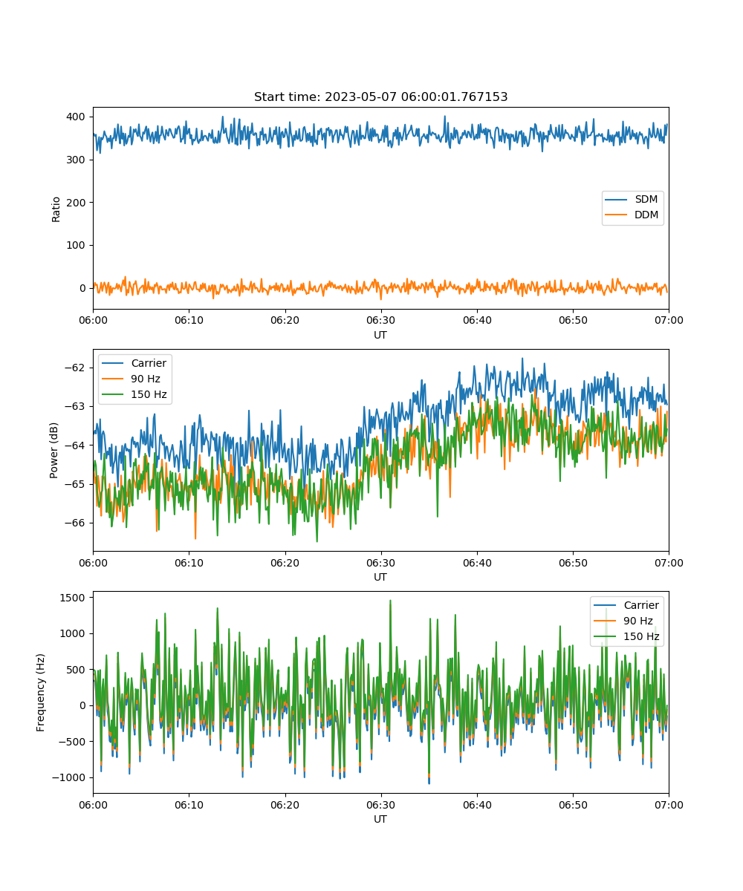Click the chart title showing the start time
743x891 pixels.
[x=380, y=97]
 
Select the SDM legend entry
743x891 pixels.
[x=631, y=199]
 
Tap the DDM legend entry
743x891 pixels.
[x=631, y=215]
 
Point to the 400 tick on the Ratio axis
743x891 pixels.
[x=76, y=117]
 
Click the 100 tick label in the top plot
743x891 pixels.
[x=76, y=245]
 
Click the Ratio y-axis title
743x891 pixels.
[x=56, y=209]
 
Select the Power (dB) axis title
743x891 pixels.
[x=53, y=450]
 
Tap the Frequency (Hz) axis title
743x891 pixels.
[x=41, y=693]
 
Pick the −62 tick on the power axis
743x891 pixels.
[x=75, y=368]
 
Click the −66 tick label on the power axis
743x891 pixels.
[x=75, y=523]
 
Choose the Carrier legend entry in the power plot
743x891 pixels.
[x=134, y=363]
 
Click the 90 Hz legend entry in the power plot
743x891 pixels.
[x=131, y=379]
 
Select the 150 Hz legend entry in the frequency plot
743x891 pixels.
[x=626, y=636]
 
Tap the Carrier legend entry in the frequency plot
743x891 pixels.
[x=626, y=606]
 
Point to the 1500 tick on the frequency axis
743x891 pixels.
[x=72, y=598]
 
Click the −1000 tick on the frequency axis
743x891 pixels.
[x=69, y=778]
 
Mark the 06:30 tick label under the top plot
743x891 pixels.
[x=381, y=321]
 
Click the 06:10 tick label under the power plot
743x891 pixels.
[x=189, y=563]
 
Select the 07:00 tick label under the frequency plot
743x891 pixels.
[x=669, y=805]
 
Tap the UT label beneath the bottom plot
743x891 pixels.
[x=380, y=820]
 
